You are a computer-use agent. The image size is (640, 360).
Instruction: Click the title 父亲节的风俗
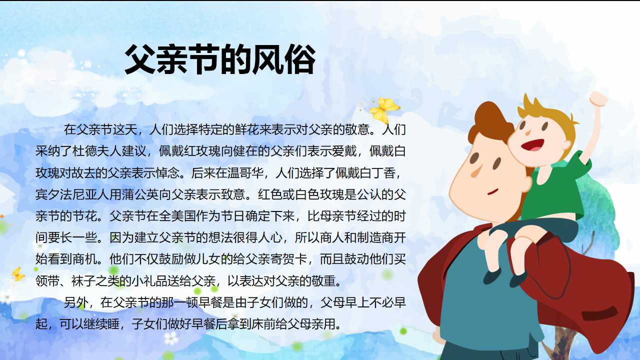[220, 60]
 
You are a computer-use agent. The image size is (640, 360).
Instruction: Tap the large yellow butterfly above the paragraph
[384, 109]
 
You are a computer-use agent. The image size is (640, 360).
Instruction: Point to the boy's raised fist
[598, 98]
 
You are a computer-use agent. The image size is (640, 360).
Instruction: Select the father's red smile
[493, 191]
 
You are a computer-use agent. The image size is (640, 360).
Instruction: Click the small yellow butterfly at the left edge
[17, 274]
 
